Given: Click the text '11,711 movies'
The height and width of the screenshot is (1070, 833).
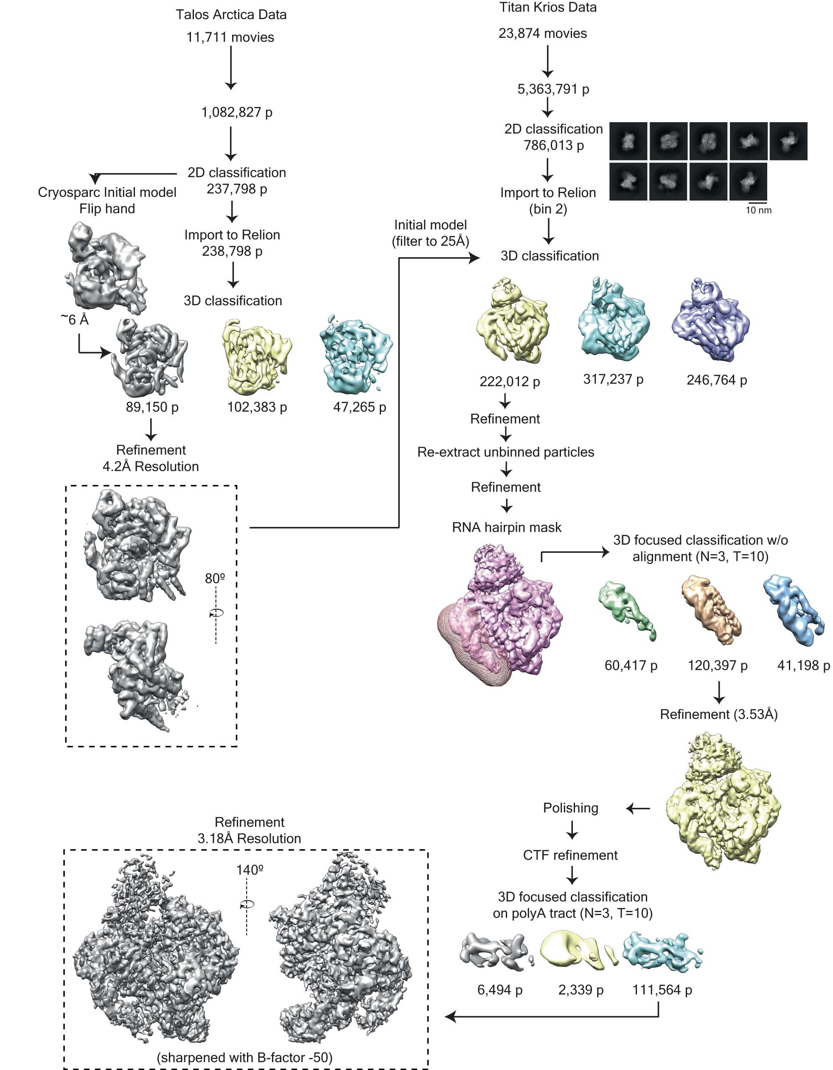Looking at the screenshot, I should tap(230, 37).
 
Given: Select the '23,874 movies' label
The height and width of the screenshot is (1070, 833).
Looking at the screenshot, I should tap(542, 34).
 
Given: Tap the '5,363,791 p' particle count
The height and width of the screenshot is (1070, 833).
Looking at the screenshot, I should tap(553, 89).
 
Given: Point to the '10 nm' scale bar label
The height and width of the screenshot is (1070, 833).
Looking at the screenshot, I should tap(758, 210).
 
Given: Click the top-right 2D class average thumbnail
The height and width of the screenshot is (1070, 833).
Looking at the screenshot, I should tap(788, 141).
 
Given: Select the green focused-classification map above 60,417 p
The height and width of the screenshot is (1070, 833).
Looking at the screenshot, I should tap(627, 610).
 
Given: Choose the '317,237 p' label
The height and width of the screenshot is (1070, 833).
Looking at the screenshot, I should tap(613, 379).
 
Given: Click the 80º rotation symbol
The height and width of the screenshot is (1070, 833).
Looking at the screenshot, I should tap(216, 612).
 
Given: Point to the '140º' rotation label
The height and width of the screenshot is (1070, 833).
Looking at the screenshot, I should tap(250, 870).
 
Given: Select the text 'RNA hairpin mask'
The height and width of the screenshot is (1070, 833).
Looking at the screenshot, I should tap(506, 527).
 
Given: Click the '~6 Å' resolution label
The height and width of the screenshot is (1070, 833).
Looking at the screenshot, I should tap(75, 320).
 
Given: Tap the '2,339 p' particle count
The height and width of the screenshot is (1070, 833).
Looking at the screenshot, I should tap(581, 990).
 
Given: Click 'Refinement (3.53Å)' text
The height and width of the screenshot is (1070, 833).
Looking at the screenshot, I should tap(718, 714).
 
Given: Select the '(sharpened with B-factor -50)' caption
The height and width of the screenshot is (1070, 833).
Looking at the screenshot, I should tap(244, 1057).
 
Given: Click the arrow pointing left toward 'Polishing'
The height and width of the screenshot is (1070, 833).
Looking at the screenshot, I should tap(638, 808).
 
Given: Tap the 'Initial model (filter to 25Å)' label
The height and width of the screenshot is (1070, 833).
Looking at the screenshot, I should tap(430, 233).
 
